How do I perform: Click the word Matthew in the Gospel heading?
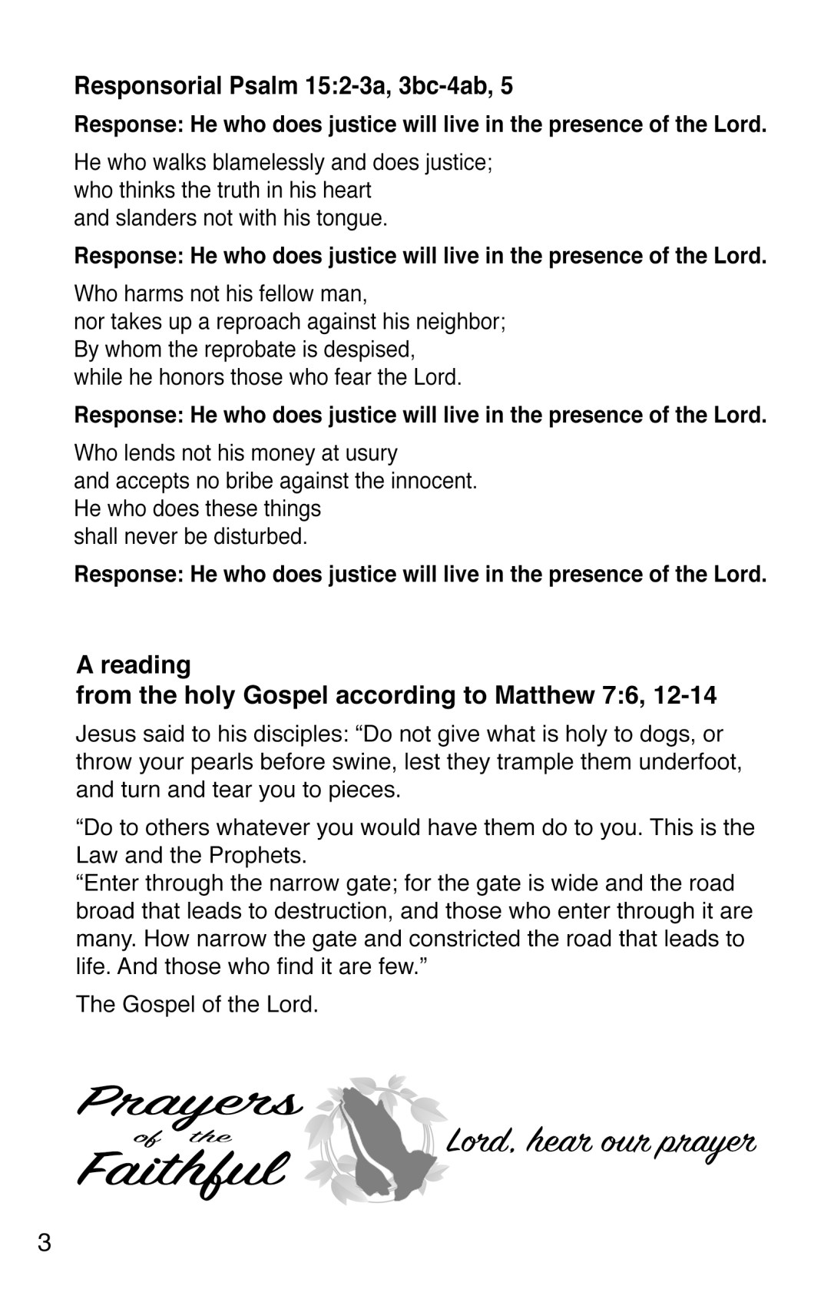coord(542,696)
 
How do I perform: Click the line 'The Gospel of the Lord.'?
coord(197,1005)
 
